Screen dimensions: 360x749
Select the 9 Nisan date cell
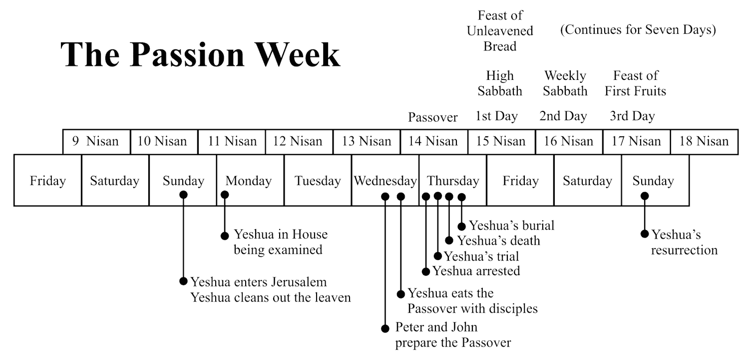[96, 141]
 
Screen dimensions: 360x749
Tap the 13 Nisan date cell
[366, 141]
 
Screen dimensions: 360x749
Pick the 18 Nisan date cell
[704, 141]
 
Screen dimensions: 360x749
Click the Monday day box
[249, 180]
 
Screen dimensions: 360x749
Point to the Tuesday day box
[318, 180]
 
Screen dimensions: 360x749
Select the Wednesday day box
[385, 180]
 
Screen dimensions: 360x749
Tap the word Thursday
[453, 180]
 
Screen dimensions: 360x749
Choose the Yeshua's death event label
[498, 241]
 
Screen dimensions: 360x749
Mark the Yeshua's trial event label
[481, 257]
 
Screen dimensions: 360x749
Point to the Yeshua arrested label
[476, 271]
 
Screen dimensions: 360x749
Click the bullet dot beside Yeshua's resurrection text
[645, 234]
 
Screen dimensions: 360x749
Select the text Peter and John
[436, 328]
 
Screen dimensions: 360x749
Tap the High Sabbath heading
[500, 83]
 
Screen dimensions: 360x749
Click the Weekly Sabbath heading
[565, 83]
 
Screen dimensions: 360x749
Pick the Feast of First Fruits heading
[635, 83]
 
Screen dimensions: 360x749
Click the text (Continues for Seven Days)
[638, 30]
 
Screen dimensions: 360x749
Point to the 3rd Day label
[632, 117]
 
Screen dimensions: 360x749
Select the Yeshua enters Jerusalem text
[258, 282]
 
